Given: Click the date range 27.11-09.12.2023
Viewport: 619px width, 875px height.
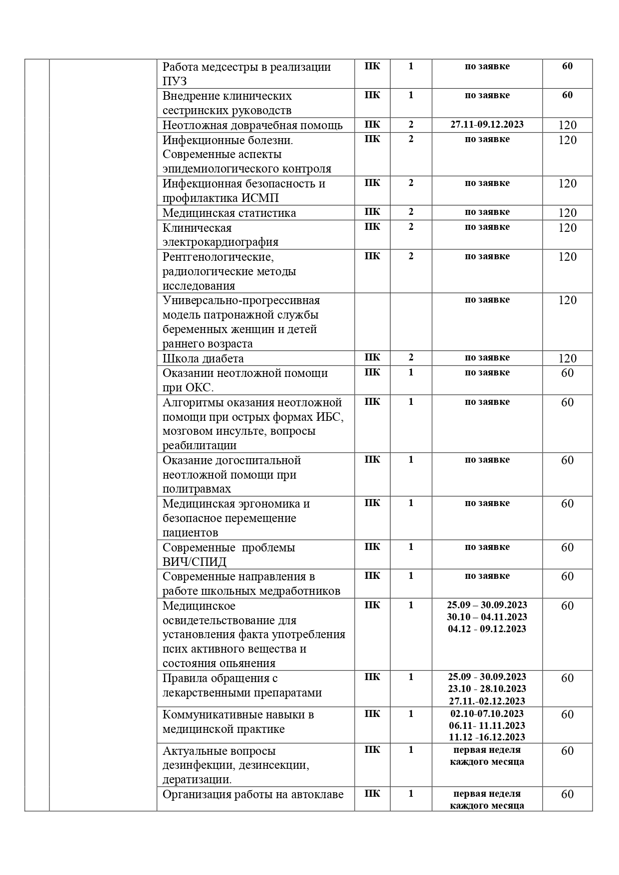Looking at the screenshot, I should [x=487, y=125].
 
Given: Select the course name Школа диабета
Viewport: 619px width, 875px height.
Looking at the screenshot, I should [x=203, y=358].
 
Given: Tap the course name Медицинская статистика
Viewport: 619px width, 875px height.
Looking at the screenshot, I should [x=229, y=213].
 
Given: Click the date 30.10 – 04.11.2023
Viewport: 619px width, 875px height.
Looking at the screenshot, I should [x=487, y=617].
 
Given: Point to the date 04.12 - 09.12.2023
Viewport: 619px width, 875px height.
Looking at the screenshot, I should [x=487, y=629].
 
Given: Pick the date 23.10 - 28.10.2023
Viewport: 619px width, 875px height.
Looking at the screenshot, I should [x=487, y=689].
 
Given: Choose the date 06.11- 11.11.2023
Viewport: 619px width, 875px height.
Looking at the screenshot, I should [x=487, y=725].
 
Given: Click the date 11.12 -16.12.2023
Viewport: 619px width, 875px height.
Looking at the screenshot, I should [x=487, y=737].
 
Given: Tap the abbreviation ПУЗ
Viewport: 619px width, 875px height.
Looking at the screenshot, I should [x=175, y=81].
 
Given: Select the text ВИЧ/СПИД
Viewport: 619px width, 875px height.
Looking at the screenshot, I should [x=194, y=562].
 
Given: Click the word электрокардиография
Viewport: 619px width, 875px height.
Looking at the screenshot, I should [x=220, y=242].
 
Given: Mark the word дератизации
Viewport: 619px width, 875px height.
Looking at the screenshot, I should [x=197, y=780].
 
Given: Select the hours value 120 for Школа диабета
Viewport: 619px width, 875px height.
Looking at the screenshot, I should [x=567, y=358].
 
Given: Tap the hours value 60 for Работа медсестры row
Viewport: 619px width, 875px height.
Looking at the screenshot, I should [x=567, y=66].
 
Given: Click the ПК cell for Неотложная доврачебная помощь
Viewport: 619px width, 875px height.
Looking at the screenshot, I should [x=372, y=125].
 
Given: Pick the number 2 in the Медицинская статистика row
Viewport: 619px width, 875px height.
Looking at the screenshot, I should [x=411, y=212].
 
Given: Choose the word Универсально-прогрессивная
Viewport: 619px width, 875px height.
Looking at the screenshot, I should [x=241, y=301].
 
